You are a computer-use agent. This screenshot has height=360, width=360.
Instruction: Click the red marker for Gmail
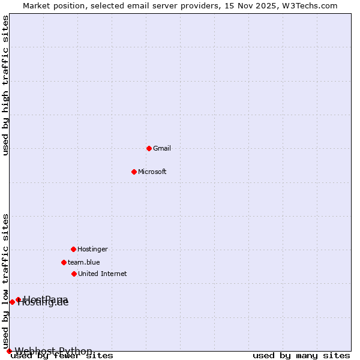click(149, 148)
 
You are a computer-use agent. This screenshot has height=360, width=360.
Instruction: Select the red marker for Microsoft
click(134, 172)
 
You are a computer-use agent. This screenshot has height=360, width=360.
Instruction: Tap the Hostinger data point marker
click(73, 249)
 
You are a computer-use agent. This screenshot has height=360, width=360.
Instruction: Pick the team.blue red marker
click(64, 262)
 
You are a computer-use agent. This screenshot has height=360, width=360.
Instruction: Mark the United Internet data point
click(74, 274)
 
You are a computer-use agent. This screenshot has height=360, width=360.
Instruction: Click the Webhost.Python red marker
click(9, 351)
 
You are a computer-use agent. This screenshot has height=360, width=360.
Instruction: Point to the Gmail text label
click(162, 148)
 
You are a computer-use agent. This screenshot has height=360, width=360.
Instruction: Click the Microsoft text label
click(152, 172)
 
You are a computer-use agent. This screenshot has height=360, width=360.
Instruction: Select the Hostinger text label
click(92, 249)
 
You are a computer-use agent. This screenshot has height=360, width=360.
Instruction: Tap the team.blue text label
click(83, 262)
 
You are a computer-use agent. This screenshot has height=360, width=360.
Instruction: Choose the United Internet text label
click(102, 274)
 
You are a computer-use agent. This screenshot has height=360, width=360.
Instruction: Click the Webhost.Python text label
click(53, 351)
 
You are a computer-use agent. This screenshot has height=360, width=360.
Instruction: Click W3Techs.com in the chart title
click(311, 5)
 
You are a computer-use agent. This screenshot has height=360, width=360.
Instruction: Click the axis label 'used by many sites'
click(301, 356)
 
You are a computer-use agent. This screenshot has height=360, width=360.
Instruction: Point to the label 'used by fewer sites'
click(62, 356)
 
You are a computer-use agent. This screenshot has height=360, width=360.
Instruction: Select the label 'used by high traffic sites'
click(6, 85)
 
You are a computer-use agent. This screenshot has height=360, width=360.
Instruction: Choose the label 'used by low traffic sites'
click(6, 281)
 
